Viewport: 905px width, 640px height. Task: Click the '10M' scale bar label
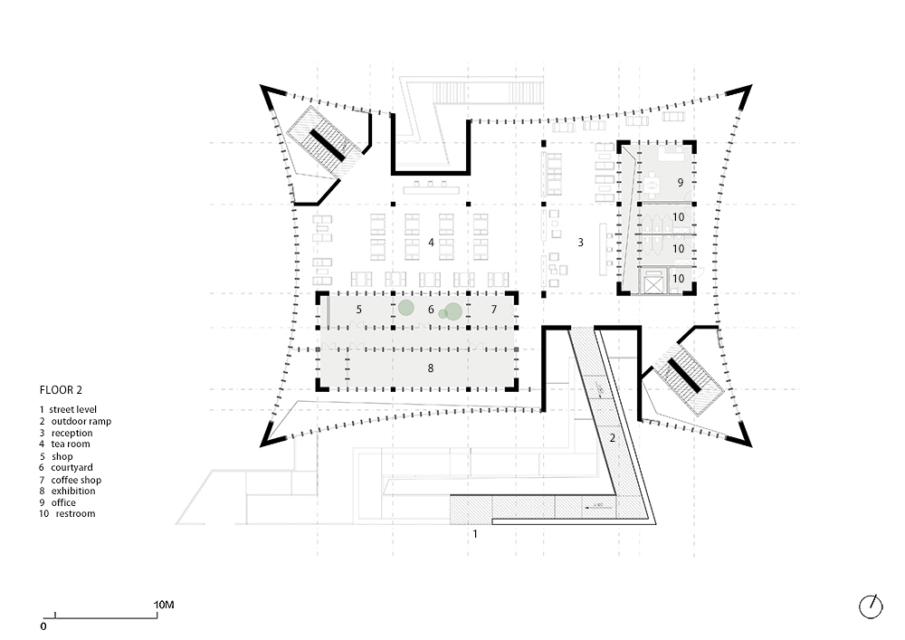(x=164, y=605)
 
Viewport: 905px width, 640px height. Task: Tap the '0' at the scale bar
(x=43, y=626)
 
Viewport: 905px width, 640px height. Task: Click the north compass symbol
(x=871, y=607)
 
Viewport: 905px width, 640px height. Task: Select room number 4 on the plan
(x=431, y=243)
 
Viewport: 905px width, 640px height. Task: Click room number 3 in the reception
(x=581, y=243)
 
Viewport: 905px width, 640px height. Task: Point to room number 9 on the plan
(x=681, y=182)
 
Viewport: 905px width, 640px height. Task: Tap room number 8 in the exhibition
(x=431, y=368)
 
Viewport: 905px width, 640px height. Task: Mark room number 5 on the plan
(x=358, y=310)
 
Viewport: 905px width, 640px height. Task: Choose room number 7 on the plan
(x=493, y=310)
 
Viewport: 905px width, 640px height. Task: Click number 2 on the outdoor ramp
(x=613, y=438)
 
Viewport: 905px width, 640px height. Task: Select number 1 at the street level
(x=475, y=534)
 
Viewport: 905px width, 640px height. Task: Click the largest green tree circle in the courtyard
(x=453, y=311)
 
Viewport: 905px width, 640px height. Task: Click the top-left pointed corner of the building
(x=261, y=86)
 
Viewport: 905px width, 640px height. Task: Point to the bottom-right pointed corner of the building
(x=751, y=446)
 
